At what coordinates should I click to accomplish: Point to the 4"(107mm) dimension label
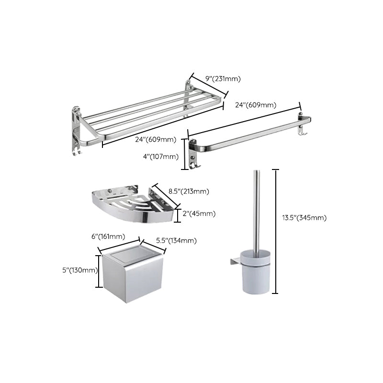point(160,156)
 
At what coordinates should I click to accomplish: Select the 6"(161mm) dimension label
point(108,237)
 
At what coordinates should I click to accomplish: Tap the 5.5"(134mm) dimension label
point(177,240)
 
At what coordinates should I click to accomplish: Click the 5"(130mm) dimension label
point(79,270)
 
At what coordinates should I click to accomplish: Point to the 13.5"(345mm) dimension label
point(304,218)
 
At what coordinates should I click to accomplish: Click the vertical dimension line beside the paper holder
point(99,270)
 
